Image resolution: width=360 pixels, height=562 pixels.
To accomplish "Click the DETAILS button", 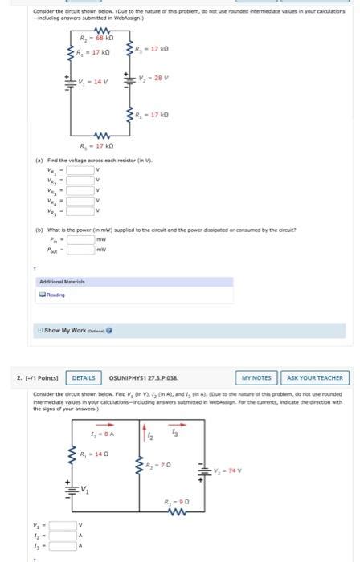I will click(84, 377).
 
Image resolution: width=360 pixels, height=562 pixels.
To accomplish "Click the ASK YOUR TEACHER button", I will click(314, 377).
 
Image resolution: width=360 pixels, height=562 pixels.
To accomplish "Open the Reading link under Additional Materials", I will click(55, 295).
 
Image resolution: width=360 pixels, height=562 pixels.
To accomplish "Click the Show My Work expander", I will click(77, 331).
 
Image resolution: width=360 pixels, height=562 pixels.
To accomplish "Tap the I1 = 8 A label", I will click(103, 434).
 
